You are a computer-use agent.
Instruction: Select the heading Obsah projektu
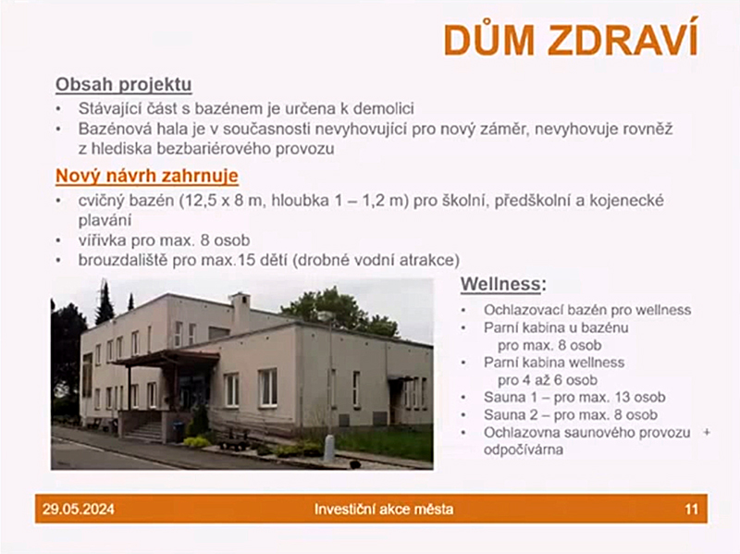pyautogui.click(x=124, y=85)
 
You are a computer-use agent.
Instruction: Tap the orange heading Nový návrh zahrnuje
pyautogui.click(x=147, y=176)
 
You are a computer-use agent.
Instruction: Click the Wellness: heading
pyautogui.click(x=503, y=284)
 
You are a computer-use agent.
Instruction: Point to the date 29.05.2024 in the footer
pyautogui.click(x=79, y=510)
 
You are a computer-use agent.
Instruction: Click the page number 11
pyautogui.click(x=691, y=510)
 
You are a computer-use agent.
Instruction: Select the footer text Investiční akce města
pyautogui.click(x=384, y=510)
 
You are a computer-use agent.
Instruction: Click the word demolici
pyautogui.click(x=384, y=108)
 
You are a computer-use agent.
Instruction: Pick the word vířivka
pyautogui.click(x=103, y=240)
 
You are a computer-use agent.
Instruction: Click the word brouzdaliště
pyautogui.click(x=123, y=260)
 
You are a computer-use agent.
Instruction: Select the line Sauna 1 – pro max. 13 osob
pyautogui.click(x=574, y=398)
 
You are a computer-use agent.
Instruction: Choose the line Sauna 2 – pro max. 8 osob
pyautogui.click(x=570, y=414)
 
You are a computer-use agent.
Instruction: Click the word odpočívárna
pyautogui.click(x=524, y=449)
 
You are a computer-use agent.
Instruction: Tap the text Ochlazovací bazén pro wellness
pyautogui.click(x=587, y=310)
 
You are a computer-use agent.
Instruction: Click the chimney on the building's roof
pyautogui.click(x=240, y=313)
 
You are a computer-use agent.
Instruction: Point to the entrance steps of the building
pyautogui.click(x=144, y=432)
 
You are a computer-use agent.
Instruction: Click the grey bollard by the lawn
pyautogui.click(x=329, y=449)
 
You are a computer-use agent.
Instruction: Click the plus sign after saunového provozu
pyautogui.click(x=707, y=432)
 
